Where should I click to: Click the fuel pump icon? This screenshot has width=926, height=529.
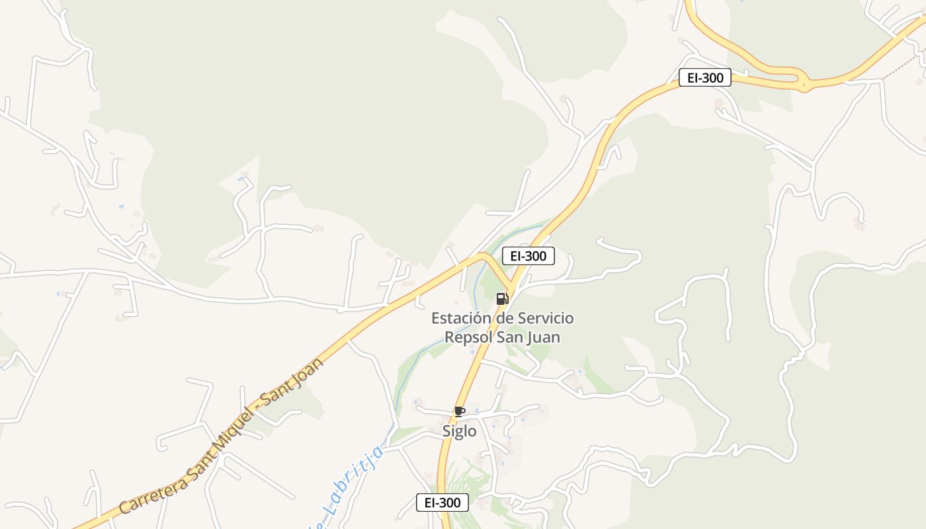pos(502,298)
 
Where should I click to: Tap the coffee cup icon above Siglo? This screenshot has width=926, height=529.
pos(460,411)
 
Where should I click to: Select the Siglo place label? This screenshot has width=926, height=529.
pos(459,431)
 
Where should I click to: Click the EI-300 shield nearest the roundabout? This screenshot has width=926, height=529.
pos(704,78)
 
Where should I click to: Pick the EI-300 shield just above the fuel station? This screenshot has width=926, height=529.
pos(528,256)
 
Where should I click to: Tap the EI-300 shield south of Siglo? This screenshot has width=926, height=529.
pos(442,503)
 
